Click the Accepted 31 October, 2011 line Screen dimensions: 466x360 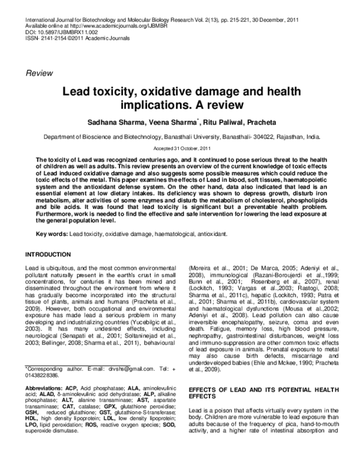tap(179, 148)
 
